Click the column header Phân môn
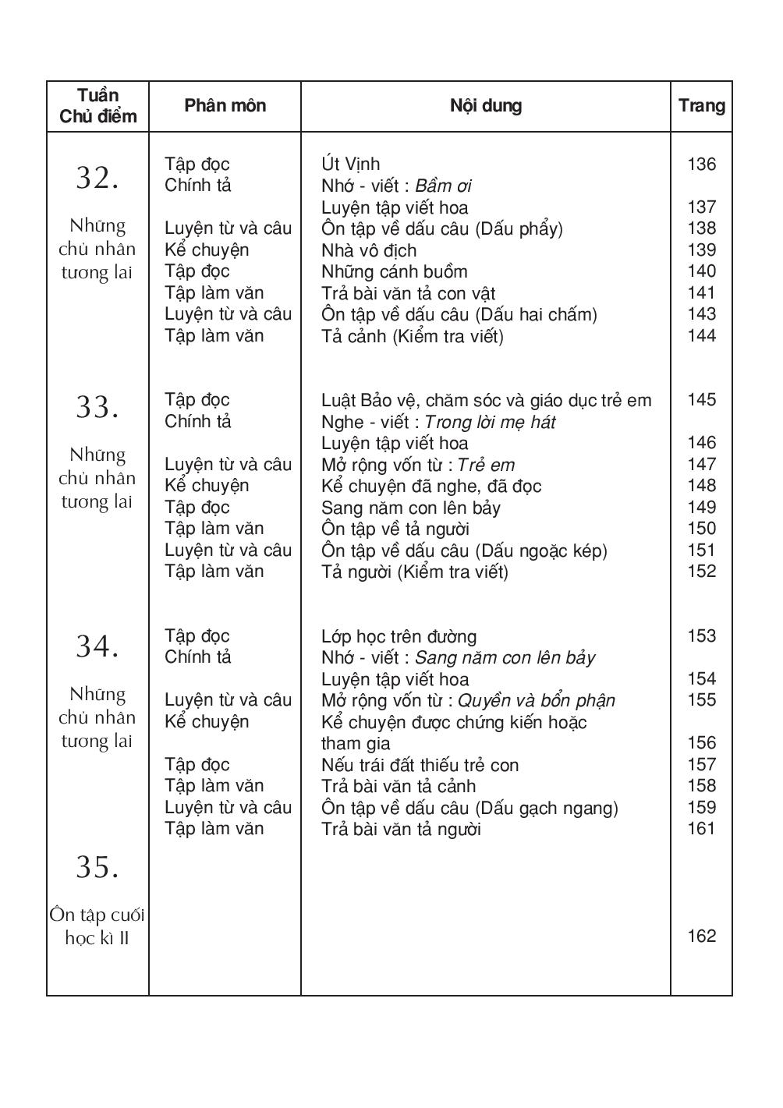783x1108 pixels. (225, 106)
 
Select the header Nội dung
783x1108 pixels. (485, 106)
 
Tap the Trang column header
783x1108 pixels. (701, 106)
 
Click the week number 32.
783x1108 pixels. (97, 179)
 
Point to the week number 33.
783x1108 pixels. (97, 407)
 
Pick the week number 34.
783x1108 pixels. (97, 646)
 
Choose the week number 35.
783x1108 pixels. (97, 867)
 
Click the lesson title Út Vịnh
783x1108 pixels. (350, 165)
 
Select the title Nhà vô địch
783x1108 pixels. (369, 250)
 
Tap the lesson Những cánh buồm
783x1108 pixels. (394, 271)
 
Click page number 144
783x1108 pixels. (701, 336)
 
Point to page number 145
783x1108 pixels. (701, 400)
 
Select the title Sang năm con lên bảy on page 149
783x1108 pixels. (410, 508)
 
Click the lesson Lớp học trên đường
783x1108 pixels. (399, 636)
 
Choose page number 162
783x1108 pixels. (701, 936)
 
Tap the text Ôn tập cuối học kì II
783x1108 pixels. (97, 926)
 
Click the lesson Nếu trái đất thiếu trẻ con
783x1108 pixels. (420, 765)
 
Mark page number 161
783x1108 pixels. (701, 829)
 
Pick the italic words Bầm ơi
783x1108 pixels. (443, 186)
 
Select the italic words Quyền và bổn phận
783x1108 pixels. (536, 700)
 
